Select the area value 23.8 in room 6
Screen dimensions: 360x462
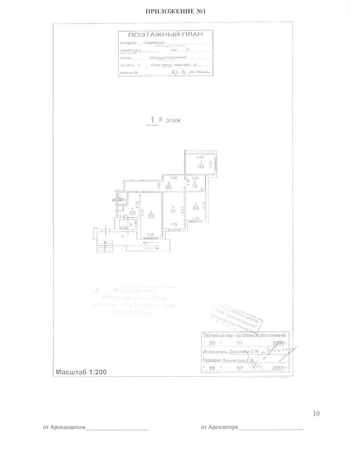(151, 217)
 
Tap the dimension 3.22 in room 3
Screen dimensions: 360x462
(195, 219)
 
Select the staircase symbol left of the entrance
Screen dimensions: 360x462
(101, 246)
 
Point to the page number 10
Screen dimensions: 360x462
(316, 413)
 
